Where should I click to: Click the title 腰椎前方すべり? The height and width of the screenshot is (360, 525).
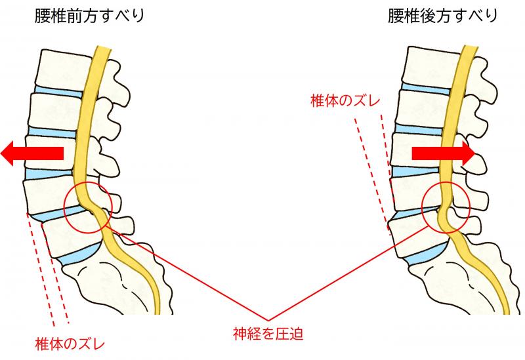click(x=89, y=16)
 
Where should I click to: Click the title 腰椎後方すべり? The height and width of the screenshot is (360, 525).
click(x=442, y=16)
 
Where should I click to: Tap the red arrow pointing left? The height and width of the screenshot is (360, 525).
click(x=32, y=153)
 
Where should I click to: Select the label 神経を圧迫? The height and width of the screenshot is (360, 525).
click(x=268, y=334)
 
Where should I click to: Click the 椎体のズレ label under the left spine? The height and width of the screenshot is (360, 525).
click(x=70, y=344)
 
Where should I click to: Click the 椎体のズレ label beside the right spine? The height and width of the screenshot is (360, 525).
click(x=345, y=101)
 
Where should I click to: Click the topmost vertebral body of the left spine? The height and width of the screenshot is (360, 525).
click(x=63, y=70)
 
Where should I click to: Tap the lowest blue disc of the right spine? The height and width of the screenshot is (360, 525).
click(x=427, y=252)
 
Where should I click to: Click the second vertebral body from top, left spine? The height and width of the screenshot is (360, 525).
click(x=56, y=110)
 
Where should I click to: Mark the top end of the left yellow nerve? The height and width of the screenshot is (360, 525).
click(x=104, y=47)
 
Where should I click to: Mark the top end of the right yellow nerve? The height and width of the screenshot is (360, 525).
click(x=470, y=46)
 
